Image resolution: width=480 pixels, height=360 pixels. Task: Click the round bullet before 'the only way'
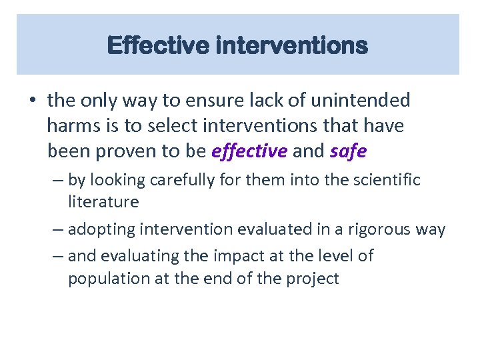click(32, 101)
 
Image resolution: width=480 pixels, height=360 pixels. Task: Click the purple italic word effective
click(249, 151)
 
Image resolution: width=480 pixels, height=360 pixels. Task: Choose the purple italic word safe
click(348, 151)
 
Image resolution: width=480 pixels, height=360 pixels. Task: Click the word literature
click(103, 201)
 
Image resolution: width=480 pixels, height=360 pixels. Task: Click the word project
click(314, 278)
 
